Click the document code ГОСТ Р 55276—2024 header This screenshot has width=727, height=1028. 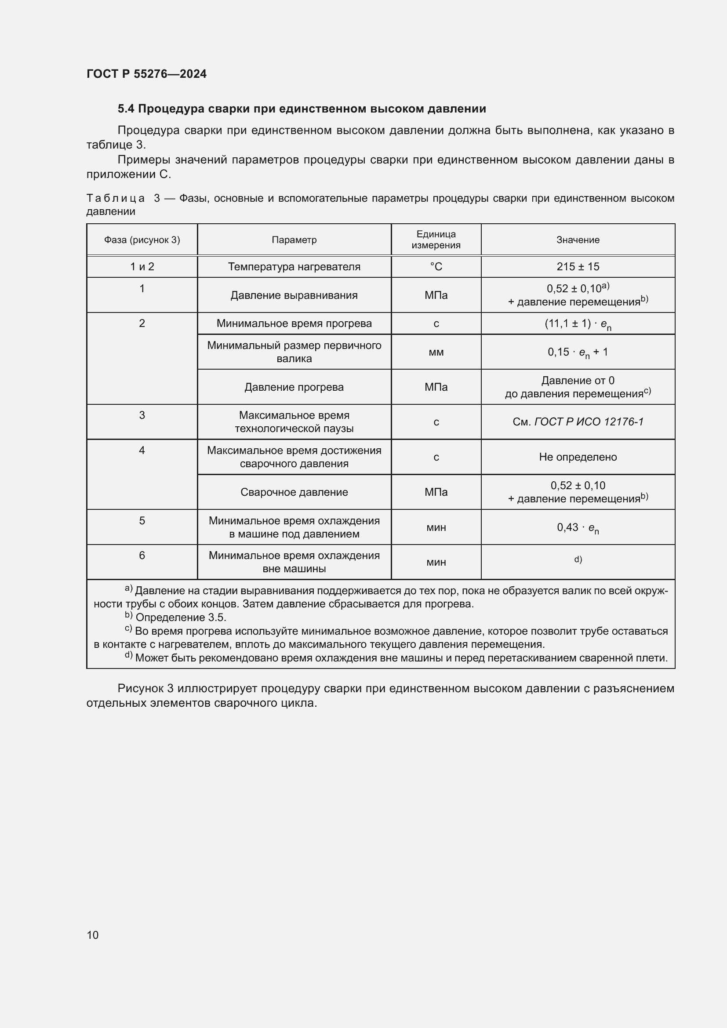(x=146, y=74)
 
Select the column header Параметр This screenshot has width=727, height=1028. (x=294, y=240)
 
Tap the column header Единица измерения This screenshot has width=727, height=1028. (x=436, y=240)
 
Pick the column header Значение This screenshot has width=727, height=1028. (x=578, y=240)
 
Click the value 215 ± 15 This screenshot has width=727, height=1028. (x=578, y=267)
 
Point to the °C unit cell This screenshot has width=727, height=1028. (x=436, y=267)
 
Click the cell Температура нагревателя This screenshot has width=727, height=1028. (x=294, y=267)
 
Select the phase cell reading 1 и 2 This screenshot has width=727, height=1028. (x=142, y=267)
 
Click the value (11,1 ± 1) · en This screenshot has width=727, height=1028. (x=578, y=324)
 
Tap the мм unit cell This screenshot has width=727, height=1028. (x=436, y=352)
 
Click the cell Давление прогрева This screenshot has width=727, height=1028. (x=294, y=387)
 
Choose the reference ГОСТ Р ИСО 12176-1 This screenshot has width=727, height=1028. (x=588, y=422)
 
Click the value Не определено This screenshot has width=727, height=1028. (x=578, y=457)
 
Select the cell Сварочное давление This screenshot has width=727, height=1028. (x=294, y=493)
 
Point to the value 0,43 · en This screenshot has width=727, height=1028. (x=578, y=528)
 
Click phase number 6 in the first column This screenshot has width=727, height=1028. (x=142, y=556)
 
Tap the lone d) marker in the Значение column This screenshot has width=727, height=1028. (x=578, y=559)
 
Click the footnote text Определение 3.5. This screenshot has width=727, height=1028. (x=181, y=618)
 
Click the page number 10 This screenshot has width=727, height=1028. (x=93, y=935)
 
